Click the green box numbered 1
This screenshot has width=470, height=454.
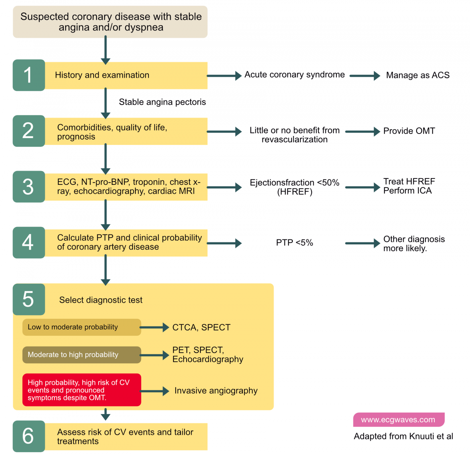coord(29,75)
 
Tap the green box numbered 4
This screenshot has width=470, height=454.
coord(29,242)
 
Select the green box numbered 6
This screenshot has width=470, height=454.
coord(29,436)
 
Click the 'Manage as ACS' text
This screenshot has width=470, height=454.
coord(418,75)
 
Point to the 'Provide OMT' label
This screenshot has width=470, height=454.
coord(409,131)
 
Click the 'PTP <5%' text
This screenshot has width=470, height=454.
coord(294,243)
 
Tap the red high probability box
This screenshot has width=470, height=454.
coord(82,390)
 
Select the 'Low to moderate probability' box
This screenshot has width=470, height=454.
coord(82,327)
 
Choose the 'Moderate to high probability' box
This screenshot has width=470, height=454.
coord(82,355)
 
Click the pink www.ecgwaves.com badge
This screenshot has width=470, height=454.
coord(398,420)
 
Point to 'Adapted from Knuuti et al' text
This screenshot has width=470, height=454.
coord(403,437)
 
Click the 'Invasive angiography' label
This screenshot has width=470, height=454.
coord(216,391)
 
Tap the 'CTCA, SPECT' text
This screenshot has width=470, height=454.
coord(201,328)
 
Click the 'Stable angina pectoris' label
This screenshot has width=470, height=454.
coord(162,102)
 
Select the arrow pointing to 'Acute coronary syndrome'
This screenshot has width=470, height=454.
coord(224,75)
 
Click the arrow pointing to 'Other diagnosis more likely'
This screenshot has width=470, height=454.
coord(362,243)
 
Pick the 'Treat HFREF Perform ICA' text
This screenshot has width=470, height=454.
coord(409,186)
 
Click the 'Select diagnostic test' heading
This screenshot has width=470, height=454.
coord(101,300)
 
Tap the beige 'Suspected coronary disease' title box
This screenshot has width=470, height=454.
coord(110,22)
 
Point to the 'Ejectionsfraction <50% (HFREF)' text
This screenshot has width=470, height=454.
coord(294,187)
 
